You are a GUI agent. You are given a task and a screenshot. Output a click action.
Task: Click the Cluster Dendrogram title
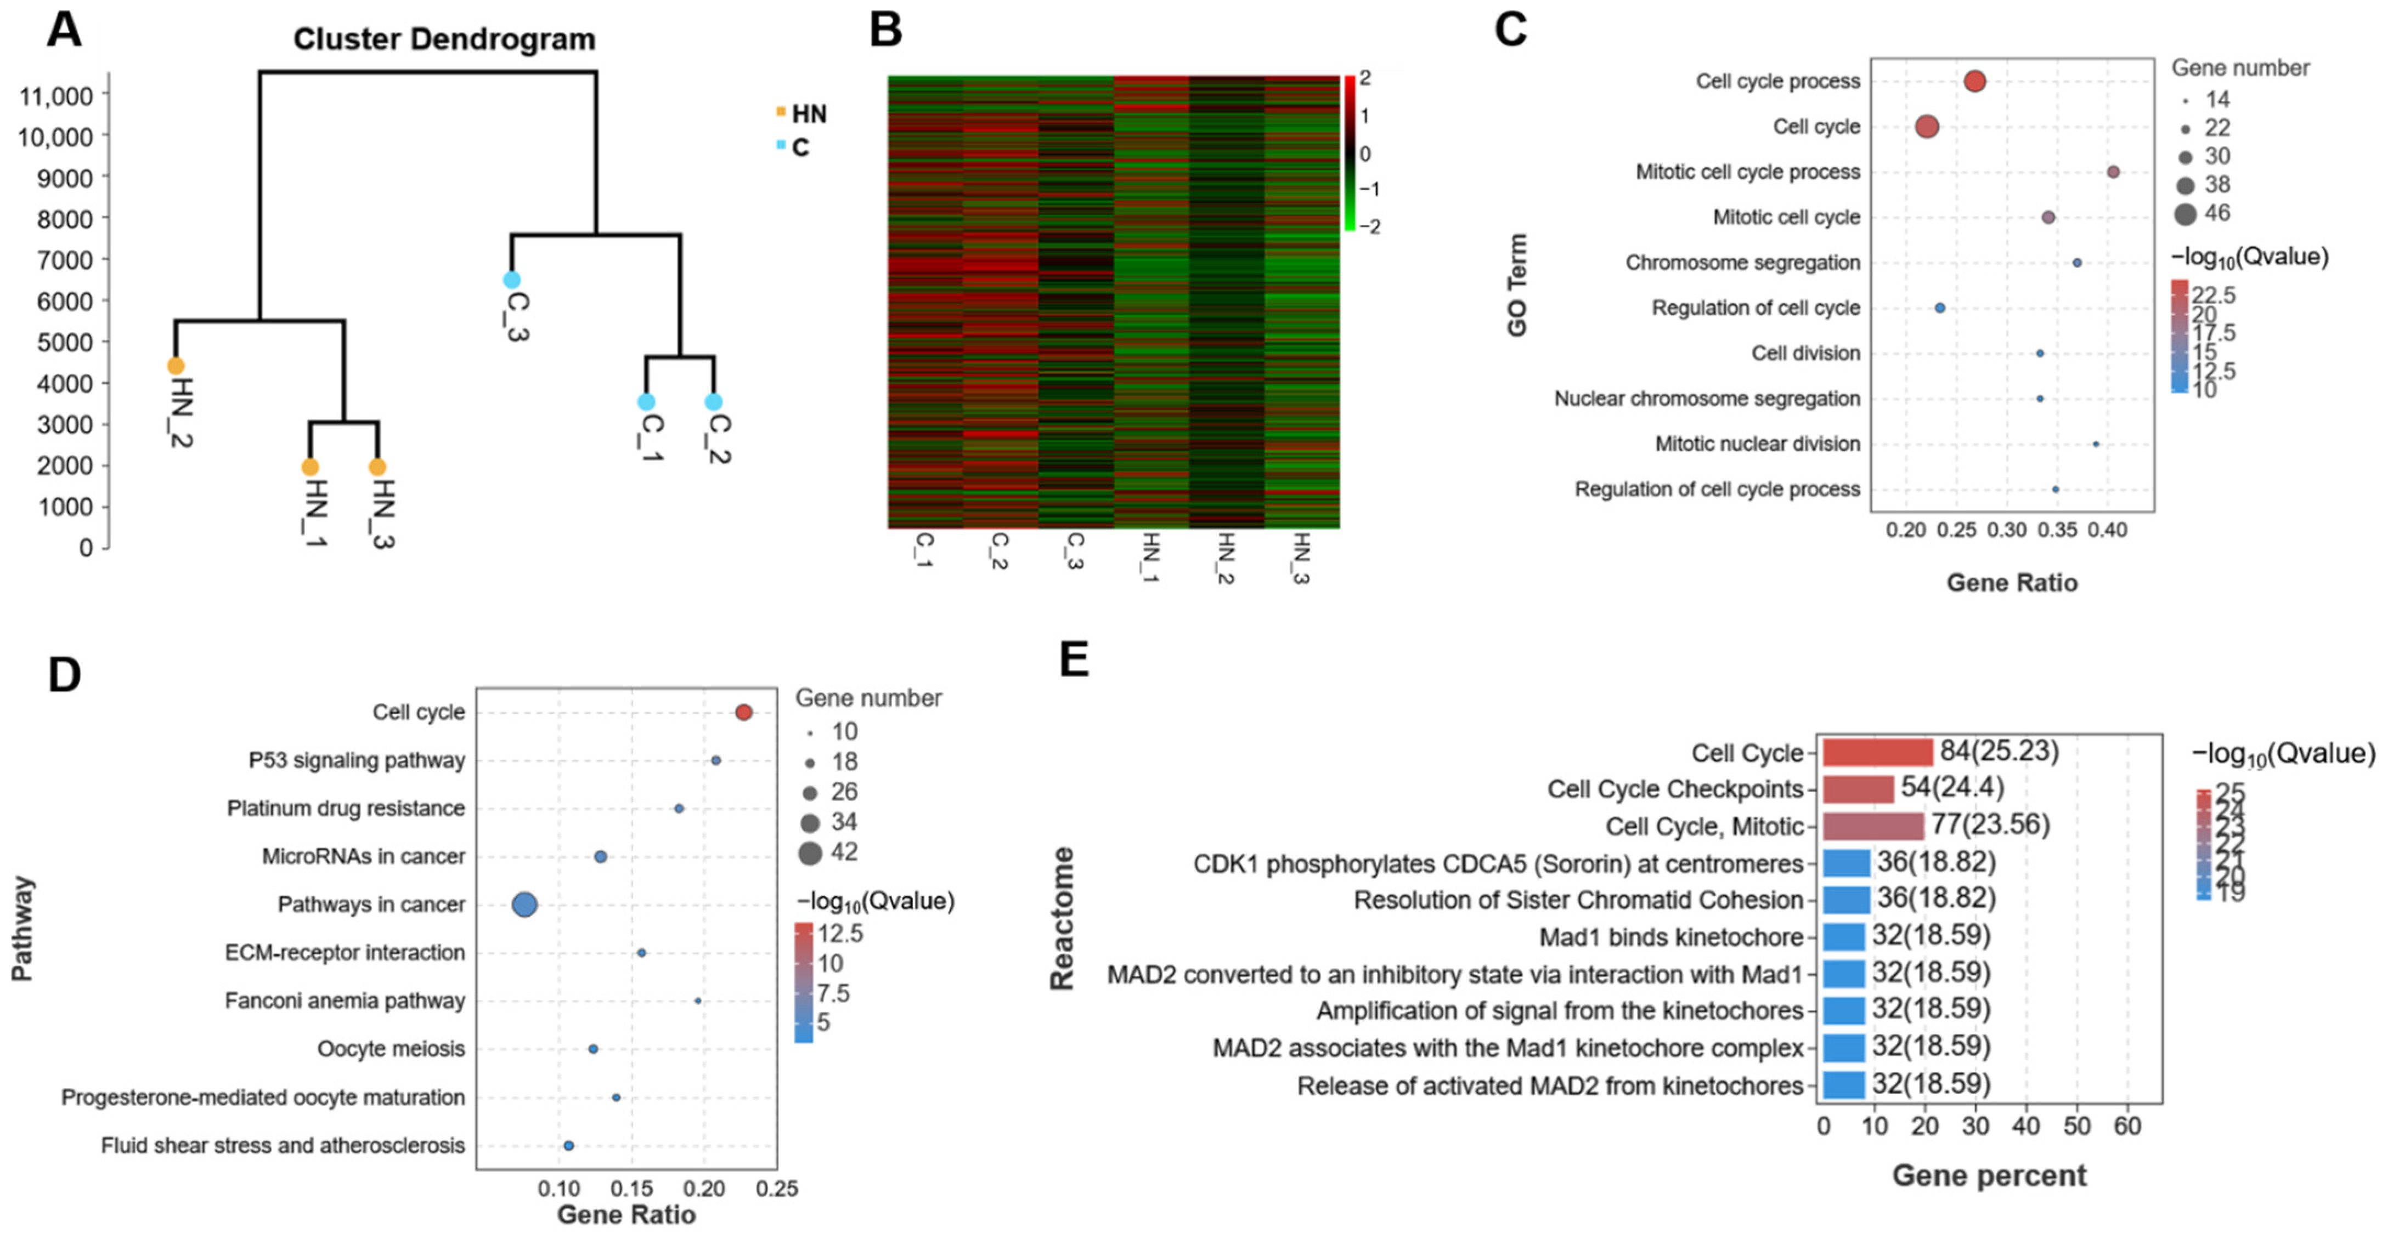[x=444, y=39]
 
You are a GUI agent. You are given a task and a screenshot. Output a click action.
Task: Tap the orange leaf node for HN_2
[x=176, y=366]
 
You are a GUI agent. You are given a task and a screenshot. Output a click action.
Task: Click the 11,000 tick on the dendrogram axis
[x=55, y=95]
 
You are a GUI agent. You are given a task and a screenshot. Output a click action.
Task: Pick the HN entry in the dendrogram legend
[x=808, y=113]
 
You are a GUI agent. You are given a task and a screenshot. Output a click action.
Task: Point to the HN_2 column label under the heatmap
[x=1225, y=558]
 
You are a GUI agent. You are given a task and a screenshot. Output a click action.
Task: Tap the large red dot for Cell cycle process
[x=1974, y=81]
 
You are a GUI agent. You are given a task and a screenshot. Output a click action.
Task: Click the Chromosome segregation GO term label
[x=1742, y=263]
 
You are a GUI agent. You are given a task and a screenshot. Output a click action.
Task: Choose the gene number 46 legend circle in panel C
[x=2185, y=214]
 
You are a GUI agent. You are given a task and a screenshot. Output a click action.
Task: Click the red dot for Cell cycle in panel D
[x=743, y=712]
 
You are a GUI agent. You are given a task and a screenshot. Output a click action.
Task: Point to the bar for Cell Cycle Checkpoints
[x=1858, y=788]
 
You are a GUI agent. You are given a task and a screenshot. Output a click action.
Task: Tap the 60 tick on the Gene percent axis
[x=2127, y=1126]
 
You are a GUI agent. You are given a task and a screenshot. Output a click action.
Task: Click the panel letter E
[x=1074, y=660]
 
